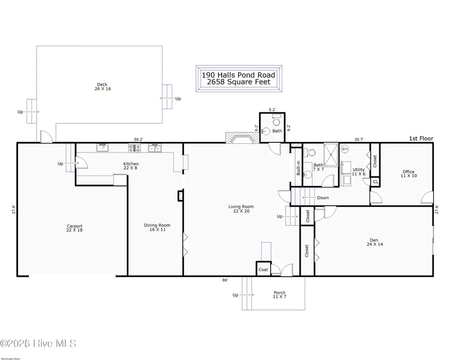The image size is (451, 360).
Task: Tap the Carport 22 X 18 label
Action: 74,228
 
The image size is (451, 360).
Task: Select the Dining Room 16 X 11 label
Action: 157,228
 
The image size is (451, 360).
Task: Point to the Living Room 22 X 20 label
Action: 241,209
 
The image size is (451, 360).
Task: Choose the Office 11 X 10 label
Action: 408,174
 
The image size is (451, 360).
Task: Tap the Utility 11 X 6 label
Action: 359,172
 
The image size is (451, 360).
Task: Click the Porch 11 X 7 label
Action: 279,295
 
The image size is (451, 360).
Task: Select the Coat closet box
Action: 263,269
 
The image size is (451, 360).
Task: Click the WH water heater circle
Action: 344,149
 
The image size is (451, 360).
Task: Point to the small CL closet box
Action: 375,182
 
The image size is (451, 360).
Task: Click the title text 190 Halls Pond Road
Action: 239,75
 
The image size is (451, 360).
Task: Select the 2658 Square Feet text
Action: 239,82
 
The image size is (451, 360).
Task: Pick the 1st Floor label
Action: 421,139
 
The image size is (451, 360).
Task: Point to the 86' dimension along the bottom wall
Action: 225,280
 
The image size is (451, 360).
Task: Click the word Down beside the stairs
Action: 323,198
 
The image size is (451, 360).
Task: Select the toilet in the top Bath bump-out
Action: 275,122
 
